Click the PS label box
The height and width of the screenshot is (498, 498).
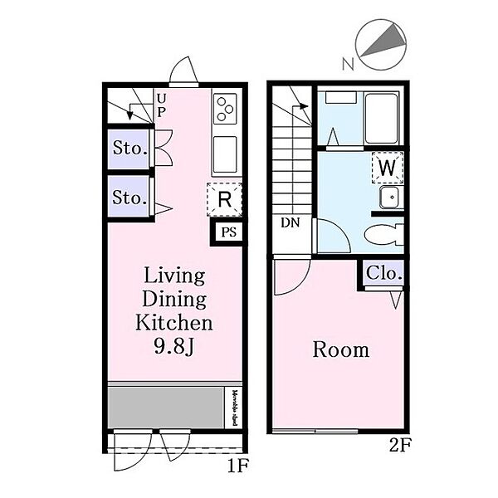(x=228, y=232)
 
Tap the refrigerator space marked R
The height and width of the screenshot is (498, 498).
(x=223, y=199)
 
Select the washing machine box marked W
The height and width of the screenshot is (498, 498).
(x=386, y=167)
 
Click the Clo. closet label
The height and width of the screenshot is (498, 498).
(x=383, y=272)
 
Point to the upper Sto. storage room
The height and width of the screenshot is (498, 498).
(x=129, y=149)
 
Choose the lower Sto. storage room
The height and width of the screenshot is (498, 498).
(x=129, y=198)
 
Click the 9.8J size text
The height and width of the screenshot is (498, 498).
(x=175, y=345)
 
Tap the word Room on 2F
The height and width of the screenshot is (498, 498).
(x=340, y=349)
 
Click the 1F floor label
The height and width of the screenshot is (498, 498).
(x=237, y=466)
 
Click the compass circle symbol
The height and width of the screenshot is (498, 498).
(x=380, y=46)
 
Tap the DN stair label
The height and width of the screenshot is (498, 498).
(x=290, y=222)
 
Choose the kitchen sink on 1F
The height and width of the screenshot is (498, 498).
(x=226, y=154)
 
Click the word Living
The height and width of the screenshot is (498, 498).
(x=175, y=276)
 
